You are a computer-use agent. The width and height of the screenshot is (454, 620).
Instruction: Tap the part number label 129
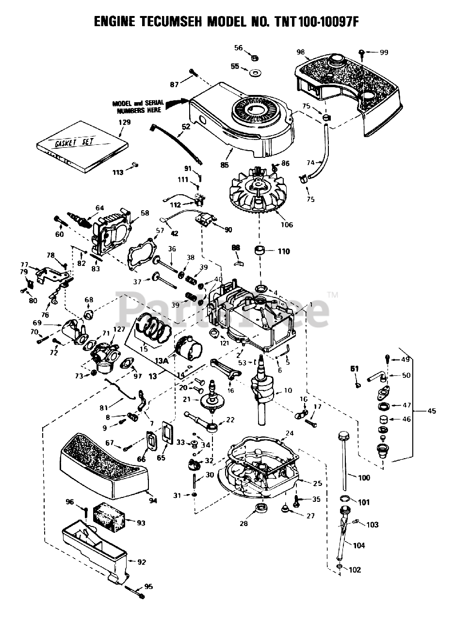pos(125,123)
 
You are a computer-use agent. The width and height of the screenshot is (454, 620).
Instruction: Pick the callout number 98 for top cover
pos(301,52)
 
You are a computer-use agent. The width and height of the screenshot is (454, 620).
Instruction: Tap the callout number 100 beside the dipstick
pos(364,478)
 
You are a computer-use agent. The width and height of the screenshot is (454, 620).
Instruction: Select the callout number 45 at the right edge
pos(431,411)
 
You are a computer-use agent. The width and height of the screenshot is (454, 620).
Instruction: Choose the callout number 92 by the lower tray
pos(142,562)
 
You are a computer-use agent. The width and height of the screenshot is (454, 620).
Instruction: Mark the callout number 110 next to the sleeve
pos(284,251)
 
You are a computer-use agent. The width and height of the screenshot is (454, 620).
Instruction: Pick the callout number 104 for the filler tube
pos(359,545)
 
